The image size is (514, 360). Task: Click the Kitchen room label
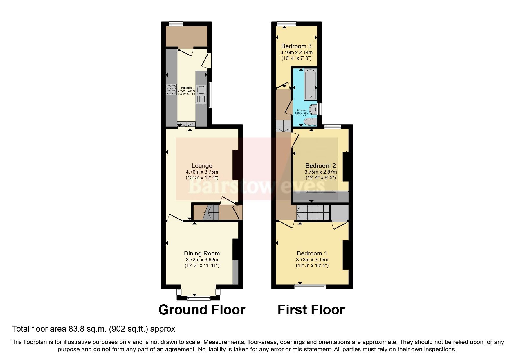(186, 88)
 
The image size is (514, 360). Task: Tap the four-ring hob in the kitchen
(171, 89)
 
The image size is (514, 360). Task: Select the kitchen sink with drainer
(201, 94)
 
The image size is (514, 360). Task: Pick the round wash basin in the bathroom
(313, 109)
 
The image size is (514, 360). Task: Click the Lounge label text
(202, 166)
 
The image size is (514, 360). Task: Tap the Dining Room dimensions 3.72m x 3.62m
(202, 260)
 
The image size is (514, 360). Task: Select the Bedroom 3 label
(296, 46)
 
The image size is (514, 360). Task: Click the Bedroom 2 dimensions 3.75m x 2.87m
(320, 172)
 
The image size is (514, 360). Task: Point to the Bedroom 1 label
(312, 253)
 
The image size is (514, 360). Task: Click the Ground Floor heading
(202, 310)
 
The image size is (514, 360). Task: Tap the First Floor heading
(311, 310)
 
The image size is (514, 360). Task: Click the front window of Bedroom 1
(310, 287)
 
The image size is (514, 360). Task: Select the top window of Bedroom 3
(286, 24)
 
